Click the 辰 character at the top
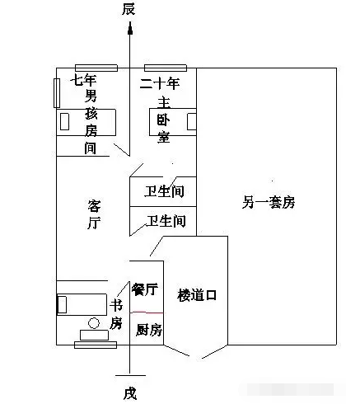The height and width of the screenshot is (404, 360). pyautogui.click(x=129, y=9)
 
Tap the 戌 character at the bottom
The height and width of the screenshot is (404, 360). pyautogui.click(x=130, y=393)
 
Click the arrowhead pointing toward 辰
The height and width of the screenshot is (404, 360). pyautogui.click(x=130, y=29)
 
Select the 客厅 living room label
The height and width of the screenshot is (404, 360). pyautogui.click(x=94, y=214)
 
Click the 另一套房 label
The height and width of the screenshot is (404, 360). pyautogui.click(x=269, y=202)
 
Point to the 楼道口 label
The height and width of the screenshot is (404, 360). pyautogui.click(x=197, y=295)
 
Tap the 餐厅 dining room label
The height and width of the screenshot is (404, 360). pyautogui.click(x=144, y=289)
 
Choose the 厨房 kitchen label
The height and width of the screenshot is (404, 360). pyautogui.click(x=149, y=330)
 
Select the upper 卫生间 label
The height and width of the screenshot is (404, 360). pyautogui.click(x=164, y=191)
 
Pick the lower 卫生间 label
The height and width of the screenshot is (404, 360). pyautogui.click(x=166, y=221)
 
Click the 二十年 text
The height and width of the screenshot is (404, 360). pyautogui.click(x=160, y=83)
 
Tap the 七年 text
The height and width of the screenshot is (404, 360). pyautogui.click(x=83, y=80)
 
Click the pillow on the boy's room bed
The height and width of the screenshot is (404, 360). pyautogui.click(x=64, y=121)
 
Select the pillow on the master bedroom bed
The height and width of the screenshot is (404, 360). pyautogui.click(x=191, y=121)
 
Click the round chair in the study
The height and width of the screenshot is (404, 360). pyautogui.click(x=94, y=323)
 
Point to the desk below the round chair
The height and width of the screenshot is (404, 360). pyautogui.click(x=94, y=335)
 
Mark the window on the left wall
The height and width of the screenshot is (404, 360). pyautogui.click(x=57, y=93)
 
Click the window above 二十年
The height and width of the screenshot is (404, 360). pyautogui.click(x=166, y=68)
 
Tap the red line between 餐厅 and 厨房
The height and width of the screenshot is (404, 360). pyautogui.click(x=147, y=312)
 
